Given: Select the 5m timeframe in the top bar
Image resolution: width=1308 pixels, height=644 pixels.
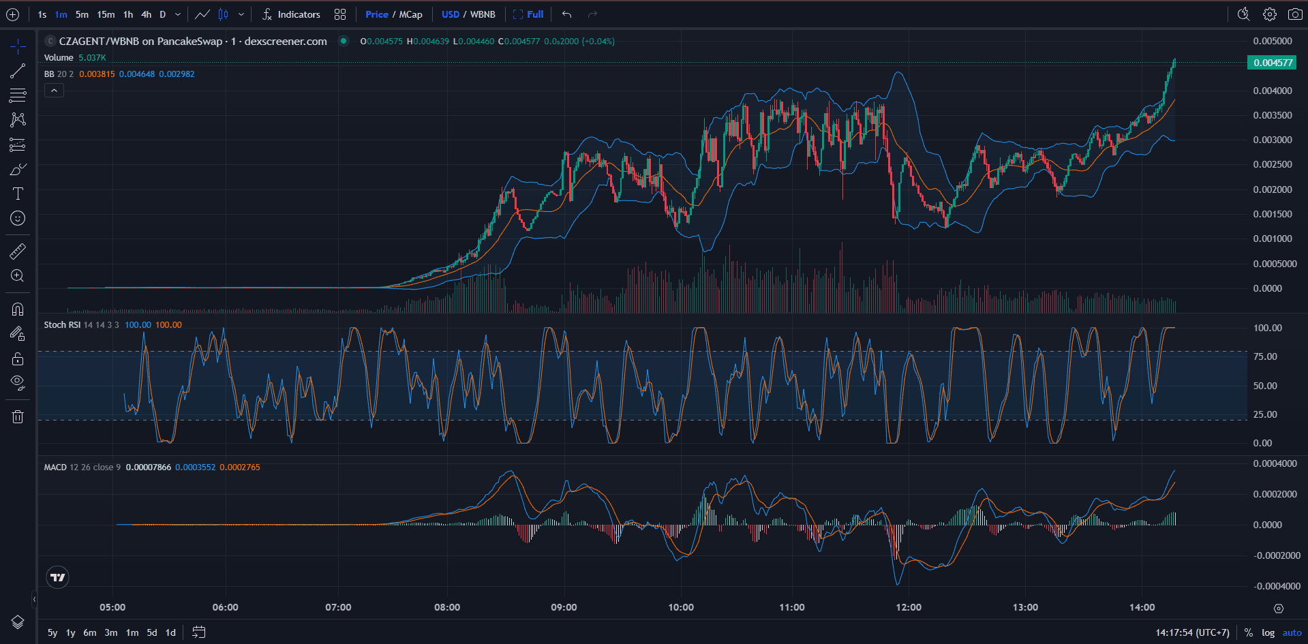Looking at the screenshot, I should tap(82, 14).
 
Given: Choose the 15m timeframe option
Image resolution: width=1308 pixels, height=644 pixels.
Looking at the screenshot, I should tap(106, 14).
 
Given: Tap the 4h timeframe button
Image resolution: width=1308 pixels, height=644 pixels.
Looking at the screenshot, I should tap(146, 14).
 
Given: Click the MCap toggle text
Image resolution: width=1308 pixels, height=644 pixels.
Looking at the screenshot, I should tap(410, 14).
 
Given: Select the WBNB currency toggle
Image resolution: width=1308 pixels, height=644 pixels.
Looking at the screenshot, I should tap(483, 14).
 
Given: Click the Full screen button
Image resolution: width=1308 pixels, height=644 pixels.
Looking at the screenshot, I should tap(528, 14).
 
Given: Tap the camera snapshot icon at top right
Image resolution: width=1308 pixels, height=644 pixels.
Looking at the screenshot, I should tap(1295, 14).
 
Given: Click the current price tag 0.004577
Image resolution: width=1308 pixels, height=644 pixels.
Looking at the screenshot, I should tap(1273, 63).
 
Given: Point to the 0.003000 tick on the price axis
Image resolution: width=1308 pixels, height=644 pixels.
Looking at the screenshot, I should tap(1272, 140).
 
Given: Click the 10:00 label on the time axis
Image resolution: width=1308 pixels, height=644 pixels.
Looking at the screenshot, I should tap(681, 607).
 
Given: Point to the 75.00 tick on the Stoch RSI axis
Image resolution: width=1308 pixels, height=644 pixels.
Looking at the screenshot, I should tap(1265, 356).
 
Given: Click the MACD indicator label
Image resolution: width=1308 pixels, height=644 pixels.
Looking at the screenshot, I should tap(55, 467).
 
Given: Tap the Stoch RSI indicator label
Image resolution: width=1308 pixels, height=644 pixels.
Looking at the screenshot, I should tap(63, 325).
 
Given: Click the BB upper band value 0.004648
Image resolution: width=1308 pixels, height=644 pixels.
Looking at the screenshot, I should tap(136, 74).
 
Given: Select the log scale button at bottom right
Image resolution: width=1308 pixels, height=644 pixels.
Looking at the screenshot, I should tap(1268, 632).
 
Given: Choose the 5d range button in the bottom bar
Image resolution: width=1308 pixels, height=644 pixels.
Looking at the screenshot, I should tap(152, 632).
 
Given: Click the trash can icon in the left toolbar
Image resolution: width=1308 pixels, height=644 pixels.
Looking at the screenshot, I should tap(18, 416).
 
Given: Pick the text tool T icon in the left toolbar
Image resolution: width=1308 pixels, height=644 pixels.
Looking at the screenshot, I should tap(18, 194).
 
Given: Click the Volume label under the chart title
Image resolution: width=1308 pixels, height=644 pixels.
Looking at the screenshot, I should tap(59, 58).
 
